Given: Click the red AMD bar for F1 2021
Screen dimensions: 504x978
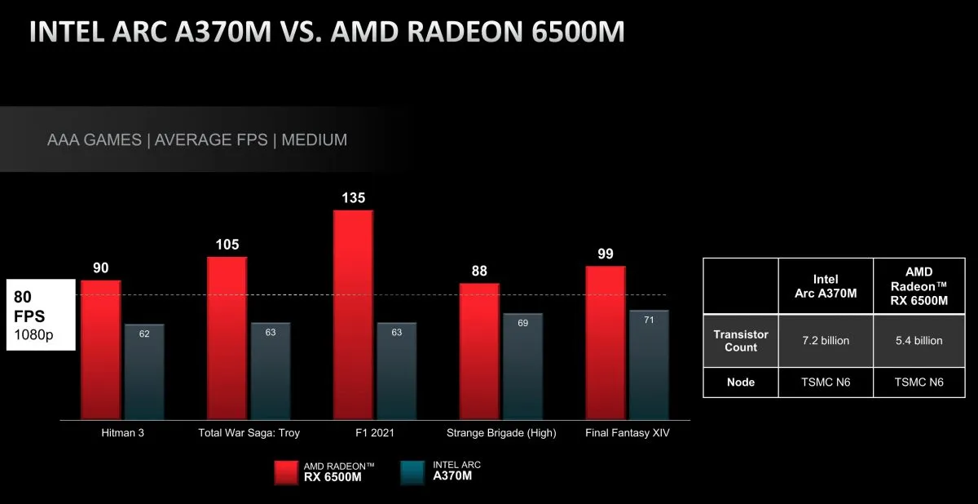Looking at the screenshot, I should point(353,314).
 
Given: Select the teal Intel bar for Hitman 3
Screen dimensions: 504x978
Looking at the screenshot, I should point(144,371).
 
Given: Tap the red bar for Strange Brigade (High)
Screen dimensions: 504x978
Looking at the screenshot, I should point(479,351).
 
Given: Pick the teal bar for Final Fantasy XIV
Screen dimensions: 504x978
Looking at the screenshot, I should point(649,364).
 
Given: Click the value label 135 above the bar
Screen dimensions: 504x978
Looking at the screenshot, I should point(354,197).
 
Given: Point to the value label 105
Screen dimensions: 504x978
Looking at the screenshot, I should point(227,245).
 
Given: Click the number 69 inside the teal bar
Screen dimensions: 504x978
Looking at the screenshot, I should point(523,324).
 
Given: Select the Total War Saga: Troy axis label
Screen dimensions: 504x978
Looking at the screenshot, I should point(249,433).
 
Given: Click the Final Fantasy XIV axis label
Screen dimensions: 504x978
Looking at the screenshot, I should point(628,433).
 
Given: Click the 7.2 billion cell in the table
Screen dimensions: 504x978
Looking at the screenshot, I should point(826,341).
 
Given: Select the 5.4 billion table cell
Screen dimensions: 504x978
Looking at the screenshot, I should point(919,341).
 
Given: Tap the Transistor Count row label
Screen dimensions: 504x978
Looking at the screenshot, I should point(741,341).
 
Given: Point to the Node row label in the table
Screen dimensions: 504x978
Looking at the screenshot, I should point(741,382).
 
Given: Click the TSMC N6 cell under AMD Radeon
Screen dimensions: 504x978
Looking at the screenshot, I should point(919,382).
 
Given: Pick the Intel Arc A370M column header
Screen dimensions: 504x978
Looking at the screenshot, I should point(826,286).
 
